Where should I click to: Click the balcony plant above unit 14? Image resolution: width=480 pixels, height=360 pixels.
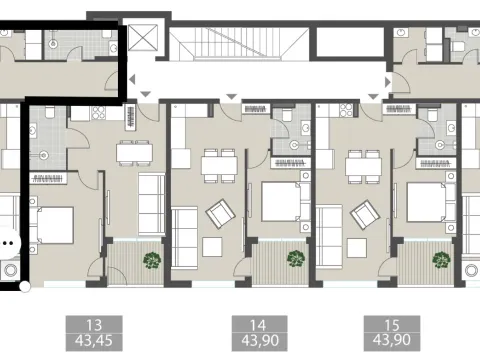[x=295, y=259]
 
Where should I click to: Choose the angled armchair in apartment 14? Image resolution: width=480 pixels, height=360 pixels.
[x=218, y=213]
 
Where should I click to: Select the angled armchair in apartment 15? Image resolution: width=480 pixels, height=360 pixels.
[x=361, y=213]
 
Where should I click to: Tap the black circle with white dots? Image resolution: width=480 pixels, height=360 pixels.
[x=8, y=241]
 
